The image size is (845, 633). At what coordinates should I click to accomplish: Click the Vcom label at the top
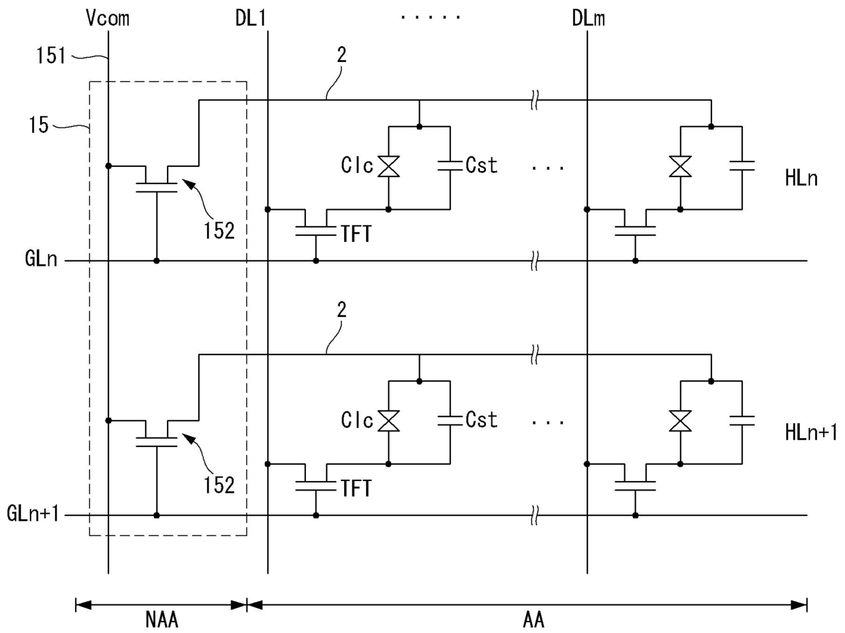tap(108, 18)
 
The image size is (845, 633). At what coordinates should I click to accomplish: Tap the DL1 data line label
tap(251, 18)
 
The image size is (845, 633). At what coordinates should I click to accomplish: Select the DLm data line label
tap(588, 18)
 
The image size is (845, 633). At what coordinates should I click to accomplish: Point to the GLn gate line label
tap(41, 259)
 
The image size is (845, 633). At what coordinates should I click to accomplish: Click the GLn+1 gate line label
tap(33, 513)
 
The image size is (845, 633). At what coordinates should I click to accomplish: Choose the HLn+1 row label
tap(811, 433)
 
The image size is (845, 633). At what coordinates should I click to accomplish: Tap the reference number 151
tap(51, 55)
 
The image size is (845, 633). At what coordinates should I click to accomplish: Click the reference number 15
tap(38, 125)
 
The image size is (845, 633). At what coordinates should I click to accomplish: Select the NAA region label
tap(162, 620)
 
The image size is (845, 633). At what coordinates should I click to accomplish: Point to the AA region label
tap(534, 620)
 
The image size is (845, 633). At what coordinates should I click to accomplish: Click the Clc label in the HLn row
tap(357, 166)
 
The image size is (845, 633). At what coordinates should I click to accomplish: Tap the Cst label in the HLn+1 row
tap(482, 420)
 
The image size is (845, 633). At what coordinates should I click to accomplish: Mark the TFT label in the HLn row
tap(356, 234)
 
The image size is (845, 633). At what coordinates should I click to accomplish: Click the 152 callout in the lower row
tap(219, 486)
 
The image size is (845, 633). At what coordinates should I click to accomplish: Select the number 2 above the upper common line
tap(341, 55)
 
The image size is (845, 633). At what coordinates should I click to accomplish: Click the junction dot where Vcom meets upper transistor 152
tap(108, 166)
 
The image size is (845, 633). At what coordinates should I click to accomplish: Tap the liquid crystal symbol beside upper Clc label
tap(388, 166)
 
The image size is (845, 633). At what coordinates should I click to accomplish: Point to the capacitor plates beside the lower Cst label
tap(450, 420)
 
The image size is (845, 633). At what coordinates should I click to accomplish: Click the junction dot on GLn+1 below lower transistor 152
tap(156, 515)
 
